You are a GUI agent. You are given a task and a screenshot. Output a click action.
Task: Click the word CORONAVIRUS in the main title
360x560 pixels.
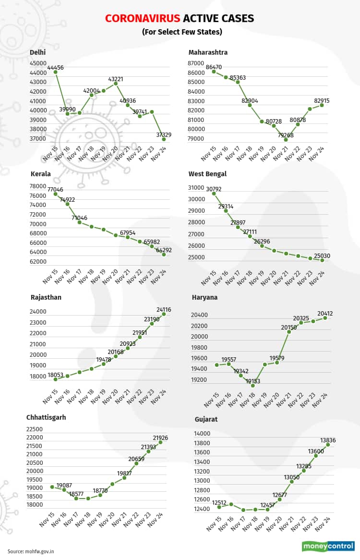click(x=143, y=19)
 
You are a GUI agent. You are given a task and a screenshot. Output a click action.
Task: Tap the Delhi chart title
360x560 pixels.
click(x=38, y=52)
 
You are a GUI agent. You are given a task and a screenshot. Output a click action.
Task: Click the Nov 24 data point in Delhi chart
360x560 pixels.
click(x=164, y=139)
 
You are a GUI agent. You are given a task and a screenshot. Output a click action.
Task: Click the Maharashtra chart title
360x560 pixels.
click(x=208, y=52)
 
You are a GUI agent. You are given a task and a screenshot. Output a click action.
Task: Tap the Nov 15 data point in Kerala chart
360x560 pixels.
click(x=56, y=194)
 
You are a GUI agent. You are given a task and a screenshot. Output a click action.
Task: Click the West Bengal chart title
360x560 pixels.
click(x=207, y=174)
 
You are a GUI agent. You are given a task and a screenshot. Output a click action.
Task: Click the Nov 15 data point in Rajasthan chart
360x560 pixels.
click(x=56, y=379)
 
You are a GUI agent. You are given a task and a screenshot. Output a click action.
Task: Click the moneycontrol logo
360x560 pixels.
click(x=328, y=547)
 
